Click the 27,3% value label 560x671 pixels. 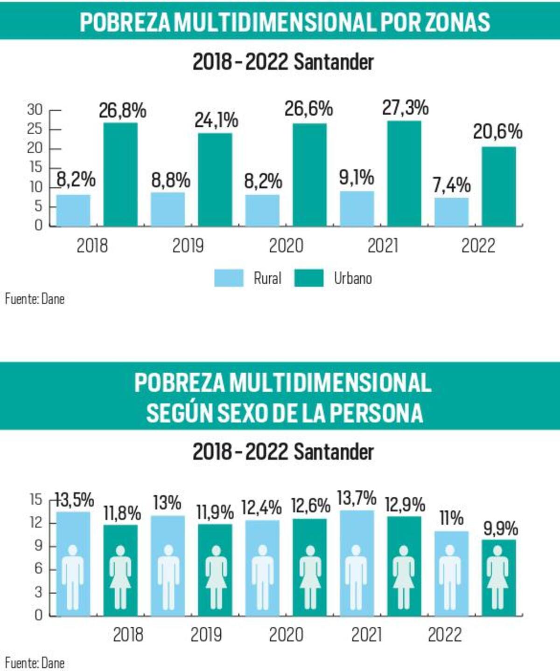click(x=405, y=108)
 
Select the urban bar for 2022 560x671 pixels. click(x=499, y=186)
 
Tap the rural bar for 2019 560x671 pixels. click(x=168, y=209)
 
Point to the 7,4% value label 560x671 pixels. click(x=451, y=185)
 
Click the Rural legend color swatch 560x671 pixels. click(x=229, y=278)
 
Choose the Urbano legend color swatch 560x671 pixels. click(x=308, y=278)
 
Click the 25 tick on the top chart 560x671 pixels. click(x=35, y=129)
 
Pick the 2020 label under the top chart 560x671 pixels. click(x=286, y=246)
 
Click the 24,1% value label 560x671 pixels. click(x=216, y=120)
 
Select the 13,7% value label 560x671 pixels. click(x=357, y=498)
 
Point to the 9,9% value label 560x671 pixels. click(x=500, y=529)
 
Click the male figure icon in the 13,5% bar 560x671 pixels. click(x=73, y=578)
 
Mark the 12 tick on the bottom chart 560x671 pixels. click(x=36, y=522)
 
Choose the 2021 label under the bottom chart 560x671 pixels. click(x=366, y=635)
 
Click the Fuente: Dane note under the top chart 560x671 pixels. click(x=35, y=299)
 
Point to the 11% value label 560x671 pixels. click(x=451, y=518)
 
